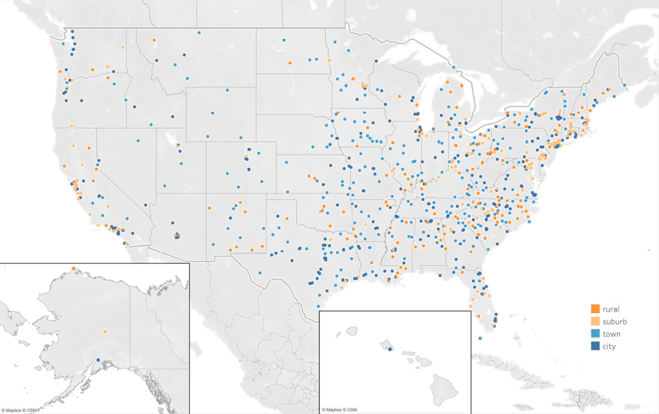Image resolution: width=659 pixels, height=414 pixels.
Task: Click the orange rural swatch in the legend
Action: (x=595, y=309)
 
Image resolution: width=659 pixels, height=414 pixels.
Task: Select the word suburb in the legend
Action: (x=615, y=321)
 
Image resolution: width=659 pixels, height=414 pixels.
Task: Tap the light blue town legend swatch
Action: (x=595, y=334)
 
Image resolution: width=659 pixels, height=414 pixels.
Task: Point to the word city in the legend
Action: (x=609, y=346)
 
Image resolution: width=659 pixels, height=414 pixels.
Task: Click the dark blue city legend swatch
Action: (x=595, y=346)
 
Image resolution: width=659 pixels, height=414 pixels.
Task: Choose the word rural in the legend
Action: (x=611, y=309)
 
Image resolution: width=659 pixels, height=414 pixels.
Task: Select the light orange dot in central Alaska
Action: (x=104, y=332)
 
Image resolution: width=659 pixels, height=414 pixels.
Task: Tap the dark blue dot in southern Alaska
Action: (x=98, y=360)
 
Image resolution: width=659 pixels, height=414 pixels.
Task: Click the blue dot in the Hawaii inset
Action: (x=390, y=349)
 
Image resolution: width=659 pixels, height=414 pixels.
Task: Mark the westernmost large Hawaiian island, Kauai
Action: (x=352, y=331)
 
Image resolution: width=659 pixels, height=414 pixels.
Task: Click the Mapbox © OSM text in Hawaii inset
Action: (x=339, y=410)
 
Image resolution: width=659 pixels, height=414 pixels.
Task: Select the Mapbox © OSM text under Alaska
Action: (x=20, y=410)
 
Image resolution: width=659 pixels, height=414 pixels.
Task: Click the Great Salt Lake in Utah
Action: (x=171, y=141)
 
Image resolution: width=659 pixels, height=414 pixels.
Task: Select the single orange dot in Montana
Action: (x=154, y=40)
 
